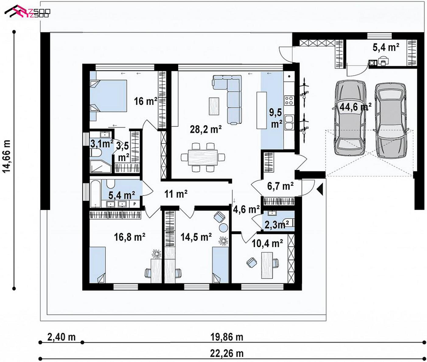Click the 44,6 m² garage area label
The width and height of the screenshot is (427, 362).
[355, 107]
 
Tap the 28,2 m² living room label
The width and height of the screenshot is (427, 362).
[205, 130]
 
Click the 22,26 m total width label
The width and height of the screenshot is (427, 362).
[227, 354]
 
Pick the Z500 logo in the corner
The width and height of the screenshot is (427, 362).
[27, 11]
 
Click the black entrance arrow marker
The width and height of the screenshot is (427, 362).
[320, 189]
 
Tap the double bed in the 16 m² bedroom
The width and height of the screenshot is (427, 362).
[108, 96]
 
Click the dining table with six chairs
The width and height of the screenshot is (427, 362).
[203, 157]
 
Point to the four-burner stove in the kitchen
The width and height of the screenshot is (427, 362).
[289, 100]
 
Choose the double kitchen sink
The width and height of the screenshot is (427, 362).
[289, 122]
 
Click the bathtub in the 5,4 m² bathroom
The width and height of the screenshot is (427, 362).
[96, 193]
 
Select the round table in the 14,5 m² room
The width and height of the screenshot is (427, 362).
[223, 228]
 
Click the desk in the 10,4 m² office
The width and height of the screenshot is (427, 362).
[267, 265]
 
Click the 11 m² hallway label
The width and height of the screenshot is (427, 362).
[176, 194]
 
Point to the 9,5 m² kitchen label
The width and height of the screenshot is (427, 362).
[276, 119]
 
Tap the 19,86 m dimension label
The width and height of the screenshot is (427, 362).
[227, 337]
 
